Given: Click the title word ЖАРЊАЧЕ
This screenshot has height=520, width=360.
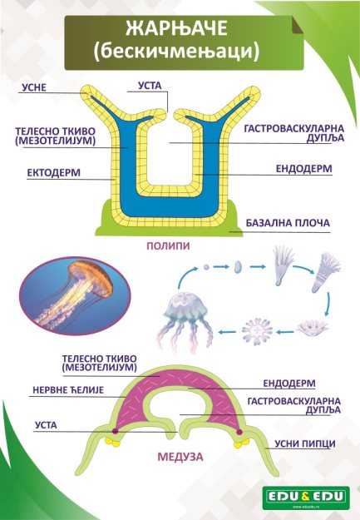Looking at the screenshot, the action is coord(176,28).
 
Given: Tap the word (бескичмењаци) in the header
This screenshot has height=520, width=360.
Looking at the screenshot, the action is coord(176,52).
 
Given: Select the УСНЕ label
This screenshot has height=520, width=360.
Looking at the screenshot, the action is coord(34,87).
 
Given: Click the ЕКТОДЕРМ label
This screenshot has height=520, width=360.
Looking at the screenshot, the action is coord(54,173).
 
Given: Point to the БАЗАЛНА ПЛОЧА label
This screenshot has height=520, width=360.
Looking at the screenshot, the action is coord(288,223).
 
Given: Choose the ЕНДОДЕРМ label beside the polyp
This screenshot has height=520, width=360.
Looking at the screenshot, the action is coord(304,169).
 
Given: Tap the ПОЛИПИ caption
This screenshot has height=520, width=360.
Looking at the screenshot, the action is coord(169,245).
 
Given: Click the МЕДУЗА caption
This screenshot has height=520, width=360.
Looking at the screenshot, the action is coord(180,457).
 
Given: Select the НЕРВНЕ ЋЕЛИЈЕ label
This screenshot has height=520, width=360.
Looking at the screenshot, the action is coord(68,390).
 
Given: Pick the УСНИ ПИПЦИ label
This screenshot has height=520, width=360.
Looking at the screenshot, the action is coord(305,443).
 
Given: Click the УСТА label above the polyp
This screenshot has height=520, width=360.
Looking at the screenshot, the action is coord(150,86).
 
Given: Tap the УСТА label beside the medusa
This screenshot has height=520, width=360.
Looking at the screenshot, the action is coord(46,425).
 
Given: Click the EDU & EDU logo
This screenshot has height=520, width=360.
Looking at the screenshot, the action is coord(306,497).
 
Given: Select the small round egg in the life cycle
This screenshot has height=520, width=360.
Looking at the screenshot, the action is coord(206,266).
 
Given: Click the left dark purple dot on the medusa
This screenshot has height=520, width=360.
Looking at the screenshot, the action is coord(115,431).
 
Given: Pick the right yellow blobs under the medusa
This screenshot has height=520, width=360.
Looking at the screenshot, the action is coord(241,443).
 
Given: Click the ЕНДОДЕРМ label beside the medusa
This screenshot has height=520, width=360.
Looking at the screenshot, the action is coord(289,384).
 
